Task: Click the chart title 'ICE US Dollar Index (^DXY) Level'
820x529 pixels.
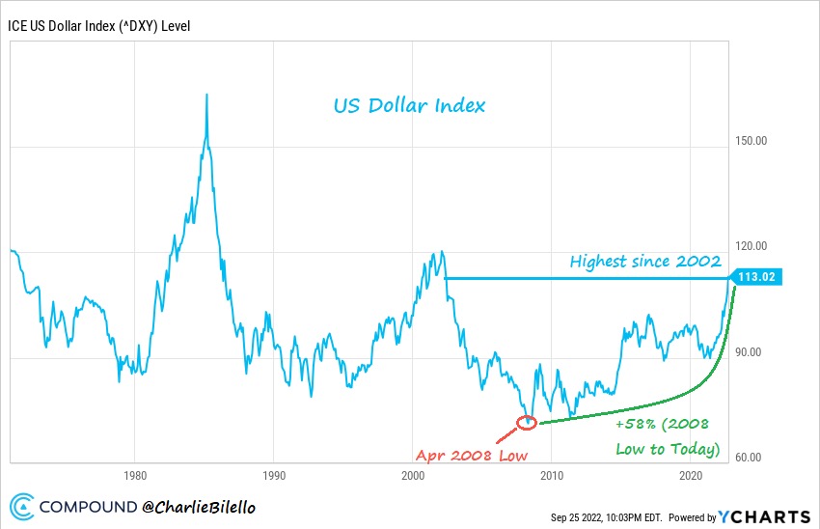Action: coord(99,25)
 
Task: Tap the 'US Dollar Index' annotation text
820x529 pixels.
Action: coord(409,104)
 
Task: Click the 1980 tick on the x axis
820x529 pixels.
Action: coord(134,476)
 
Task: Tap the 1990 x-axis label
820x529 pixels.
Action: coord(273,476)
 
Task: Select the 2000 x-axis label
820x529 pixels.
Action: coord(413,476)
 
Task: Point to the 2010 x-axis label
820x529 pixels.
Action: coord(552,476)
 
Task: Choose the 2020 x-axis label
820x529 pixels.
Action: coord(691,476)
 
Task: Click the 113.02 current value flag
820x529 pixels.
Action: coord(758,277)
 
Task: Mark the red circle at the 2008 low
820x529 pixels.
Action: coord(527,422)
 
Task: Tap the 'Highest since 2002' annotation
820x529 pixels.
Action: coord(645,262)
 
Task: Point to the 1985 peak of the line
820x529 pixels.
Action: coord(206,96)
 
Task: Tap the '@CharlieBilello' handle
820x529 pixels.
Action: coord(198,506)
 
